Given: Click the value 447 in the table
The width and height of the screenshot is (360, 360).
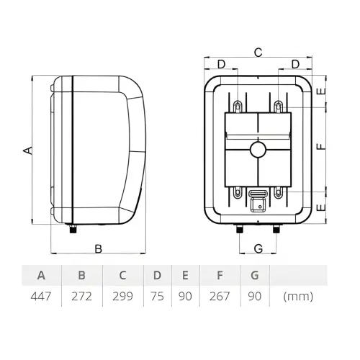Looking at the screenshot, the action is (x=41, y=297).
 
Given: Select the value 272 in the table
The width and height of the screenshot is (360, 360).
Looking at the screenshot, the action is (x=81, y=297).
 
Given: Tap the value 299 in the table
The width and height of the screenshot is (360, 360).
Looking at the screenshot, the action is (x=122, y=297).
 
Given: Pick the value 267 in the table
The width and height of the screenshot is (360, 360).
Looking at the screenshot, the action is (x=220, y=297).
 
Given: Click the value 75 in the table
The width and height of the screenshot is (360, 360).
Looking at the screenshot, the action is (x=157, y=297).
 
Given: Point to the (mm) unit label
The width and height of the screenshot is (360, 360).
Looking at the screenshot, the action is (x=298, y=297).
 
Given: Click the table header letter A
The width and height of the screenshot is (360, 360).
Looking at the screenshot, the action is (x=41, y=275).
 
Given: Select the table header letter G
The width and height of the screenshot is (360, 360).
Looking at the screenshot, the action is (x=255, y=275).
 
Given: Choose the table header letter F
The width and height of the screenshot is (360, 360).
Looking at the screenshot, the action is (x=220, y=275).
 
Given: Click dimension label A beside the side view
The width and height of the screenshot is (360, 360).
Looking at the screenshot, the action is (x=27, y=150).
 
